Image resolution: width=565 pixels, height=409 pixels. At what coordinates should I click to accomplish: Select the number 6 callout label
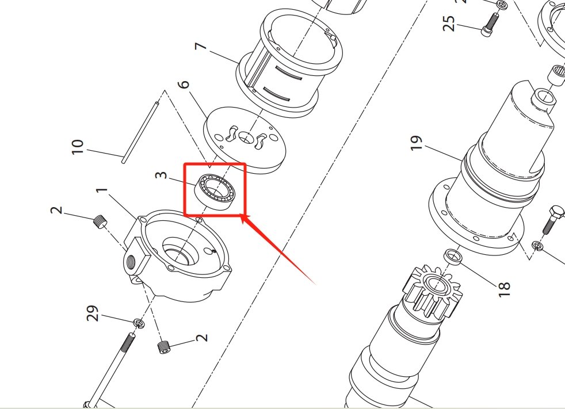point(184,85)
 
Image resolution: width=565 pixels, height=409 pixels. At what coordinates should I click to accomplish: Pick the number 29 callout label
point(93,314)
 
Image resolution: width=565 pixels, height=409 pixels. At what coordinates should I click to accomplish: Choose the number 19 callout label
point(417,142)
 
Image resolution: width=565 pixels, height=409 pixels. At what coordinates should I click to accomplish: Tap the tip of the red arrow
point(242,215)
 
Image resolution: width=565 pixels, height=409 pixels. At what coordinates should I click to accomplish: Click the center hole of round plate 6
point(245,138)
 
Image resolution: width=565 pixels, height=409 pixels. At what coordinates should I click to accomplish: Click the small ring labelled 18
point(453,256)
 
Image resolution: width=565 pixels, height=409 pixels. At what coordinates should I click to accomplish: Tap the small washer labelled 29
point(138,323)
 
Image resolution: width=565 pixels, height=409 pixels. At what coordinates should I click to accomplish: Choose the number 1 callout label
point(102,190)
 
